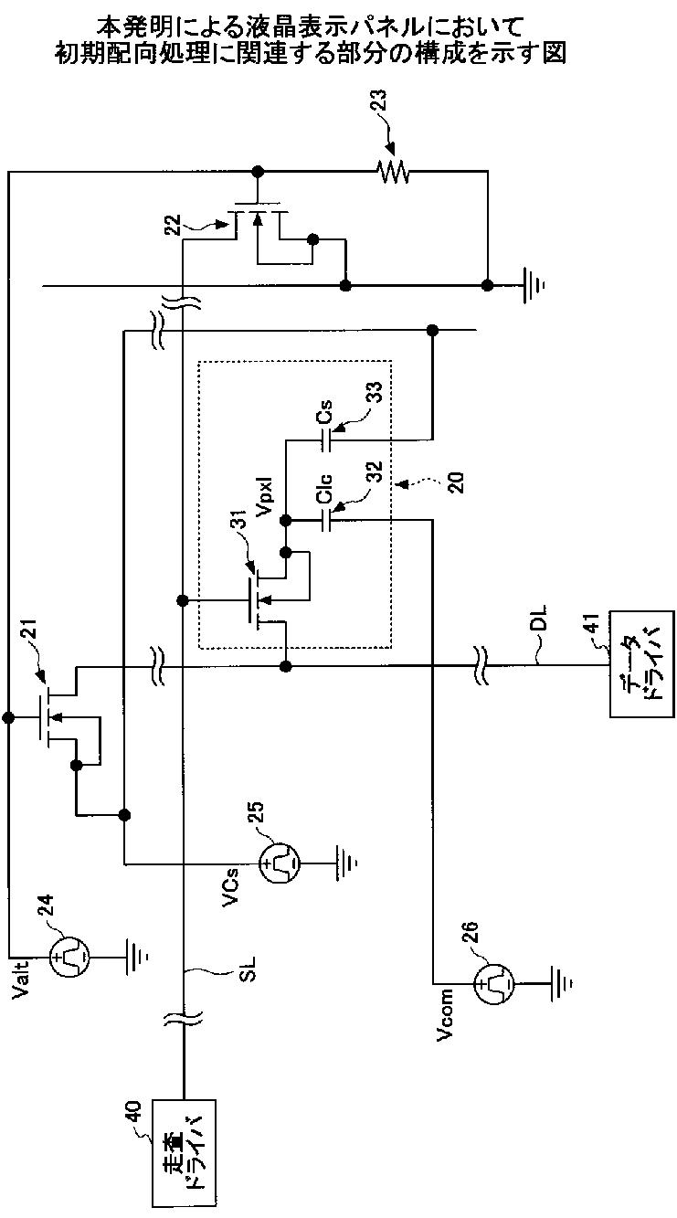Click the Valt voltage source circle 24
tap(69, 956)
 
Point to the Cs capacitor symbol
tap(326, 440)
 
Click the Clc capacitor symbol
tap(326, 521)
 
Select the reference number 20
tap(458, 482)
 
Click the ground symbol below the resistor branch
tap(534, 284)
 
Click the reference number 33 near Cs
tap(376, 393)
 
